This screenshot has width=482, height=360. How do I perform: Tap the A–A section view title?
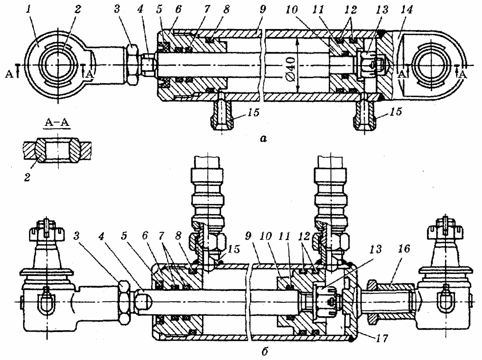click(x=57, y=122)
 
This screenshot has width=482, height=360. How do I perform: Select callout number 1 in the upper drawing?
click(x=28, y=10)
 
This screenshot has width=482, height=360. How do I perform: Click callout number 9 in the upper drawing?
click(x=263, y=10)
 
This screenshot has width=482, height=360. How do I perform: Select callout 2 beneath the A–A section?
click(x=27, y=177)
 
